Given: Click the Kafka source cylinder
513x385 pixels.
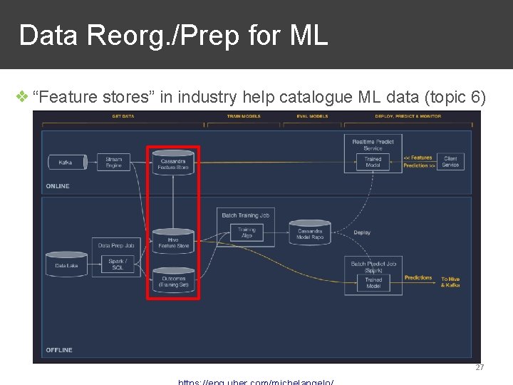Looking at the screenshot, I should point(65,163).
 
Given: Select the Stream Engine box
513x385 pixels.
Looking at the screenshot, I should point(113,163).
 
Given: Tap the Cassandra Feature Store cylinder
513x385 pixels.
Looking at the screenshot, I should point(173,163).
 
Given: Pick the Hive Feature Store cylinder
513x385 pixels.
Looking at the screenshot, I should point(173,242).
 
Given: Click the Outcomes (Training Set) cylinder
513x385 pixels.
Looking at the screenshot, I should point(173,280).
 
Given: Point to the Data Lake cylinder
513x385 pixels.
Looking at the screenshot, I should point(66,264).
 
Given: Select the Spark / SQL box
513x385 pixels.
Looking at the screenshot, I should point(117,264).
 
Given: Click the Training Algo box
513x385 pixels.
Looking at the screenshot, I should point(247,232).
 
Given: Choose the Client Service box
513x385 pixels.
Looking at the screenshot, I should point(450,162).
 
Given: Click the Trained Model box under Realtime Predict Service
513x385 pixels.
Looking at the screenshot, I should point(373,162).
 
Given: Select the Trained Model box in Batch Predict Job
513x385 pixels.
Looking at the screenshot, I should point(373,282).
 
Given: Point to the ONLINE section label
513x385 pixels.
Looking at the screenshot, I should point(58,186).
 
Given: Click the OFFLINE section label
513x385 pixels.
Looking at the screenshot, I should point(59,350).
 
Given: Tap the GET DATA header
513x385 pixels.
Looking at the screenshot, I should point(123,116).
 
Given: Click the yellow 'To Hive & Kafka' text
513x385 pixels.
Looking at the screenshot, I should point(450,282).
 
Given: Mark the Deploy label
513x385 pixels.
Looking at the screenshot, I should point(362,232).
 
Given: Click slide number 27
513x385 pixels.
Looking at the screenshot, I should point(479,368).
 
